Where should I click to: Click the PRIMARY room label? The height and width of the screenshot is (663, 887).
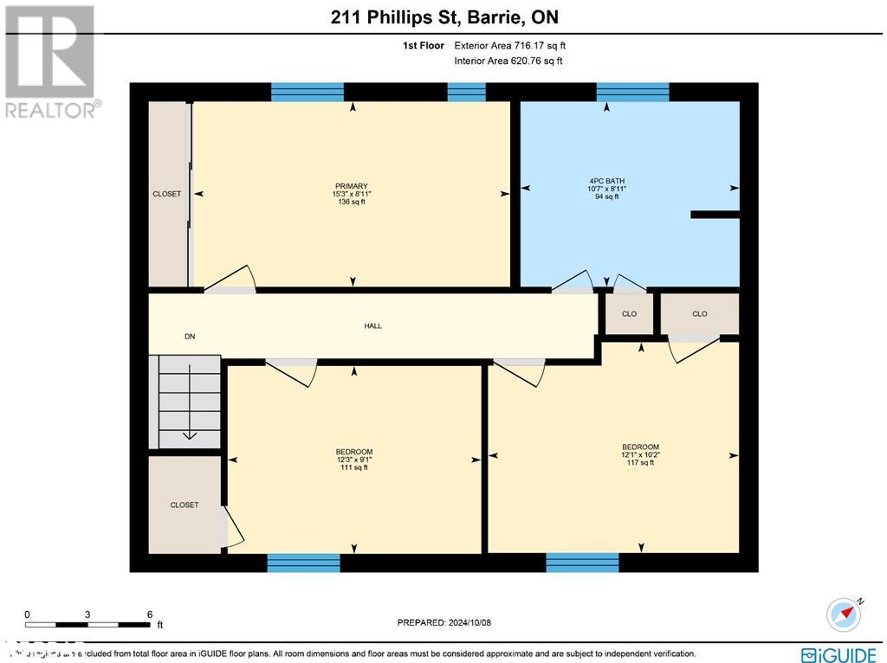coord(352,186)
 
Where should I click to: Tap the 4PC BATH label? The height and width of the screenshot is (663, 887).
coord(606,181)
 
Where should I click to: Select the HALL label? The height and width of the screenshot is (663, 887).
coord(372,326)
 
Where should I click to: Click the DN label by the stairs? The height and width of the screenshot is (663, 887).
coord(190,337)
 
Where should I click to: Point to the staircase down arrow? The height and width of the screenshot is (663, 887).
coord(190,434)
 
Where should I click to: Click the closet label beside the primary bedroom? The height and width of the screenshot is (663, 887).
coord(167,194)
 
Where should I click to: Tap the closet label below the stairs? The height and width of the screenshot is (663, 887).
coord(184,505)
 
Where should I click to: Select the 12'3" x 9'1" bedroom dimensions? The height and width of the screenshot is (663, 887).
coord(353,460)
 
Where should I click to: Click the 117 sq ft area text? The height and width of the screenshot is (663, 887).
coord(640,462)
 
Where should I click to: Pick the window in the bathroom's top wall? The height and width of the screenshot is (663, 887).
coord(632,92)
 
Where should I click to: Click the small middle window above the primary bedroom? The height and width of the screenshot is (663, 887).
coord(466,92)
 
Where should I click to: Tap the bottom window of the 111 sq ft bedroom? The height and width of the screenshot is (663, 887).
coord(303,563)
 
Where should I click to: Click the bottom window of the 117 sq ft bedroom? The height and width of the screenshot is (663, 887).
coord(582,563)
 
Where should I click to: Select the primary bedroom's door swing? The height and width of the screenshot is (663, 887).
coord(231,280)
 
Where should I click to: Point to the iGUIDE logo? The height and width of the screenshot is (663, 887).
coord(838,654)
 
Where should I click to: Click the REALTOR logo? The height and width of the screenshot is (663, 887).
coord(50,61)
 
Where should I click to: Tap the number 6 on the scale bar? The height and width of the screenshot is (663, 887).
coord(150,614)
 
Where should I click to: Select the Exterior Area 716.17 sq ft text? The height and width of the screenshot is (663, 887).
coord(510,45)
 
